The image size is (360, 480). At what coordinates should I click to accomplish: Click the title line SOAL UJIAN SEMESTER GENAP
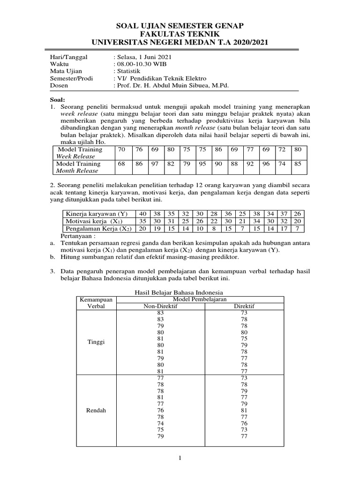tap(180, 25)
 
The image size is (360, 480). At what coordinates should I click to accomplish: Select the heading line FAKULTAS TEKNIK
tap(180, 34)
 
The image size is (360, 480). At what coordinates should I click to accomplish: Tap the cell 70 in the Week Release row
tap(122, 149)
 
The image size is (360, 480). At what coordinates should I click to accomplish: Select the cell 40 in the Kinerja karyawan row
tap(143, 214)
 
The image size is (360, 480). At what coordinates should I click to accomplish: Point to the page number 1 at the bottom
tap(180, 458)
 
